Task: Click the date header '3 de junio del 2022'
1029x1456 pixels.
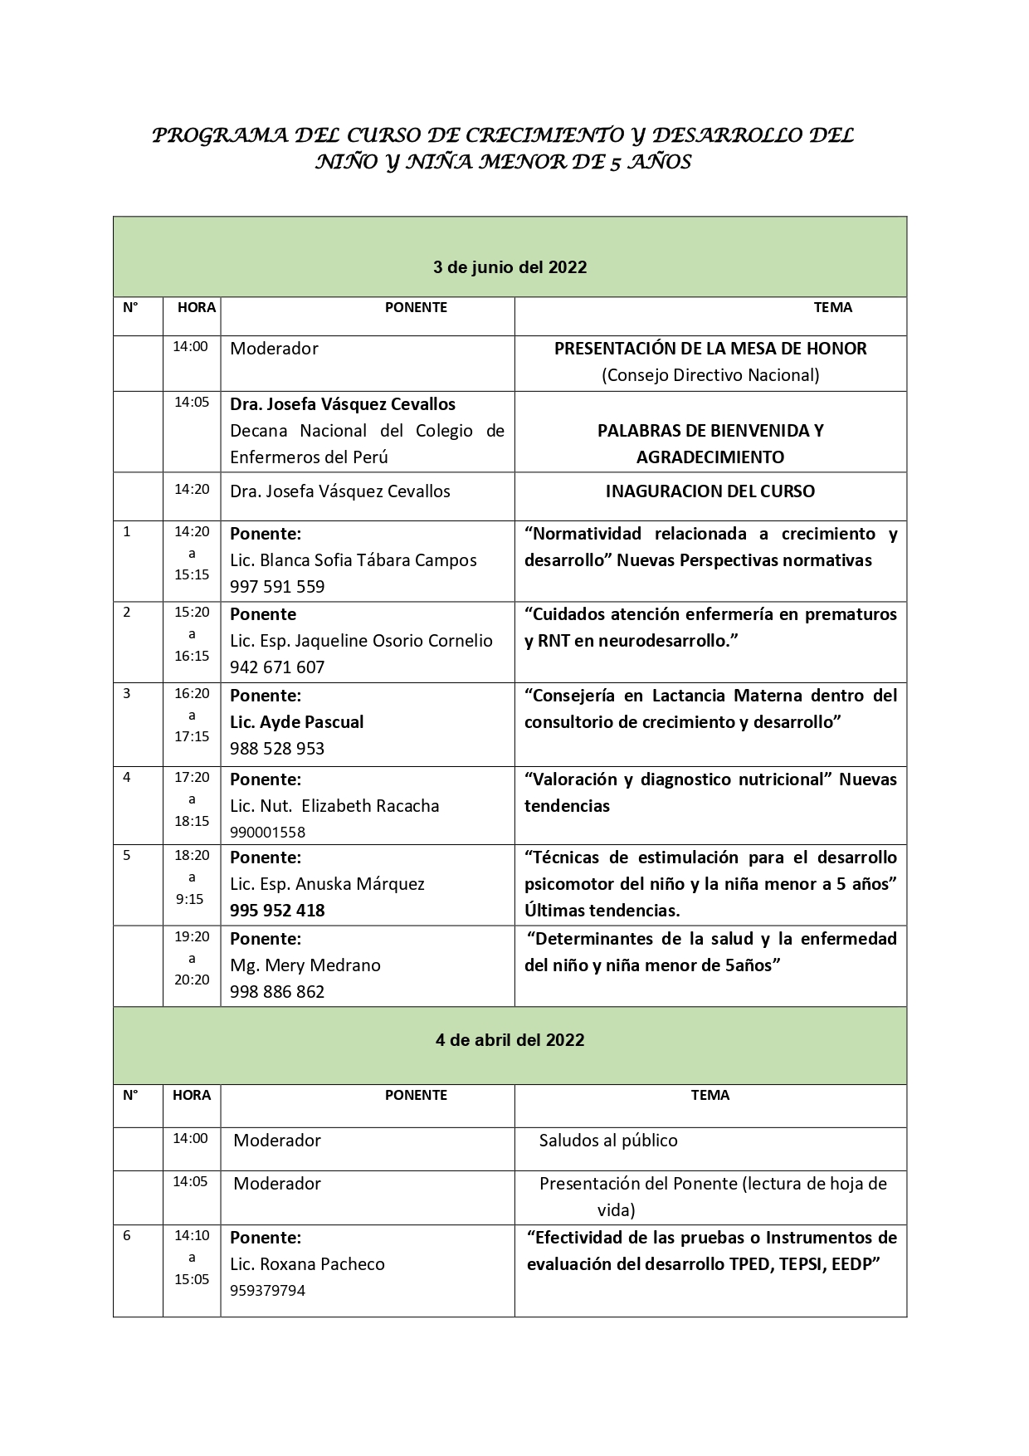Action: click(510, 267)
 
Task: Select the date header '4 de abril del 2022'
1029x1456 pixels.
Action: click(510, 1040)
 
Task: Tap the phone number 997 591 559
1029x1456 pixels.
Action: click(277, 587)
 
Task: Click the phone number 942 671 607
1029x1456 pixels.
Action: click(277, 667)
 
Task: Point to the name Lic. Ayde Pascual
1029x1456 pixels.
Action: click(297, 722)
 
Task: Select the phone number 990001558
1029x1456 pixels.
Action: click(267, 832)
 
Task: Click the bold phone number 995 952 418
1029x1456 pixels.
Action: click(277, 911)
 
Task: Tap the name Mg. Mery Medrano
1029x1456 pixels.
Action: click(305, 965)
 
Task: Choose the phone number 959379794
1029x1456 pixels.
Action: click(267, 1291)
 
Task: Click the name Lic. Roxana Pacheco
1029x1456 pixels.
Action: click(307, 1264)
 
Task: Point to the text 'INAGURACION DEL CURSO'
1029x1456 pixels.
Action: click(710, 491)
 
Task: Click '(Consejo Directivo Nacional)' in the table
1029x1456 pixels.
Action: click(710, 375)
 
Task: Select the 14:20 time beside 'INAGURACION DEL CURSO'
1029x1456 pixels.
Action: click(192, 490)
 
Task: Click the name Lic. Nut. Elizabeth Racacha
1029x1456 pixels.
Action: click(334, 806)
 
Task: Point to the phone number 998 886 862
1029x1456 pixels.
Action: click(277, 992)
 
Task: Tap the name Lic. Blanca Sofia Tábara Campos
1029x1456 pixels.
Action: click(353, 560)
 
